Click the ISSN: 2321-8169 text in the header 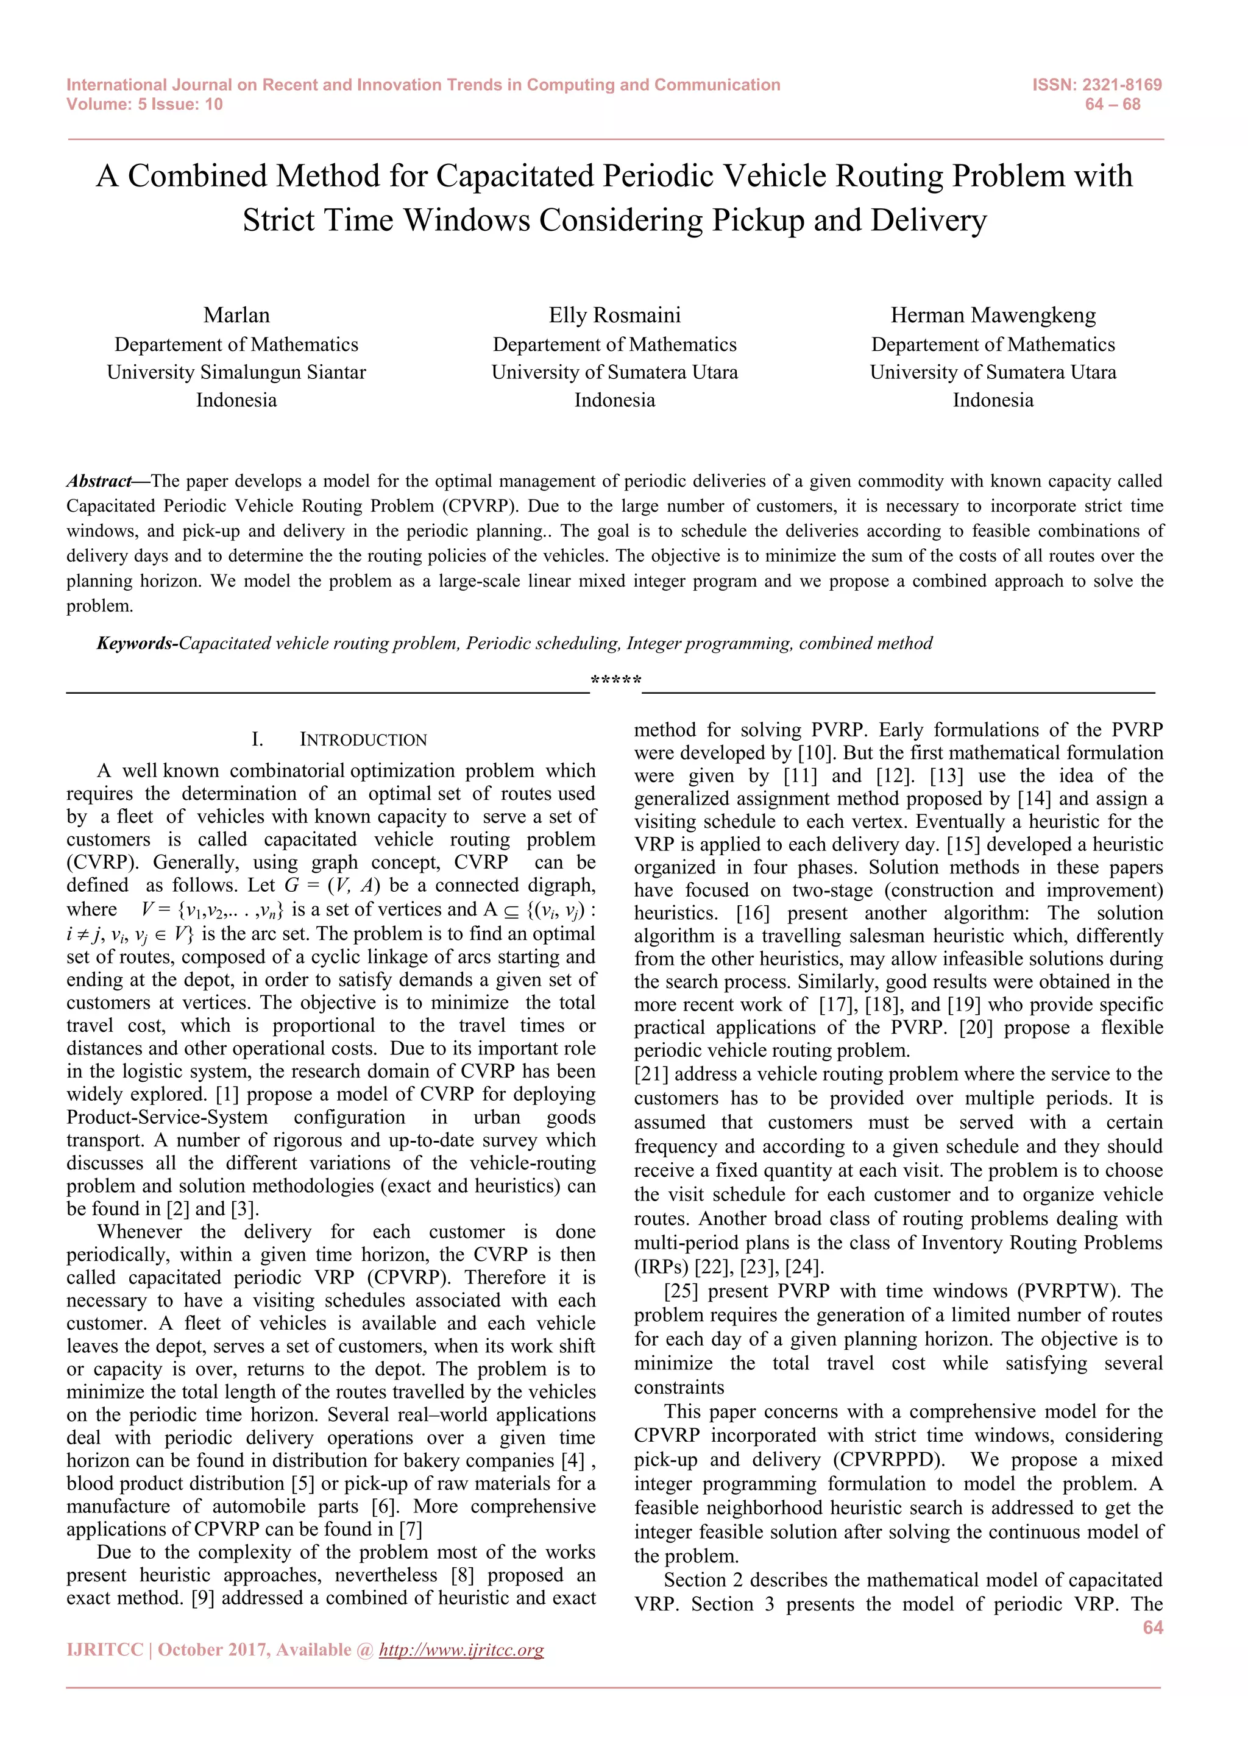[x=1097, y=85]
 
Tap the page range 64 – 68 [x=1112, y=105]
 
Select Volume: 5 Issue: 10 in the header [x=144, y=105]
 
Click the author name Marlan [x=236, y=315]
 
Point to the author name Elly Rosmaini [x=614, y=315]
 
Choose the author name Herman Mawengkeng [x=993, y=315]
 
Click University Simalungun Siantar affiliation [x=236, y=373]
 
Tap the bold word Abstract [x=98, y=481]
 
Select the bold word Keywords [x=135, y=643]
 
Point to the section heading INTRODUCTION [x=363, y=740]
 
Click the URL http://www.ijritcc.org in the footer [x=461, y=1649]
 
